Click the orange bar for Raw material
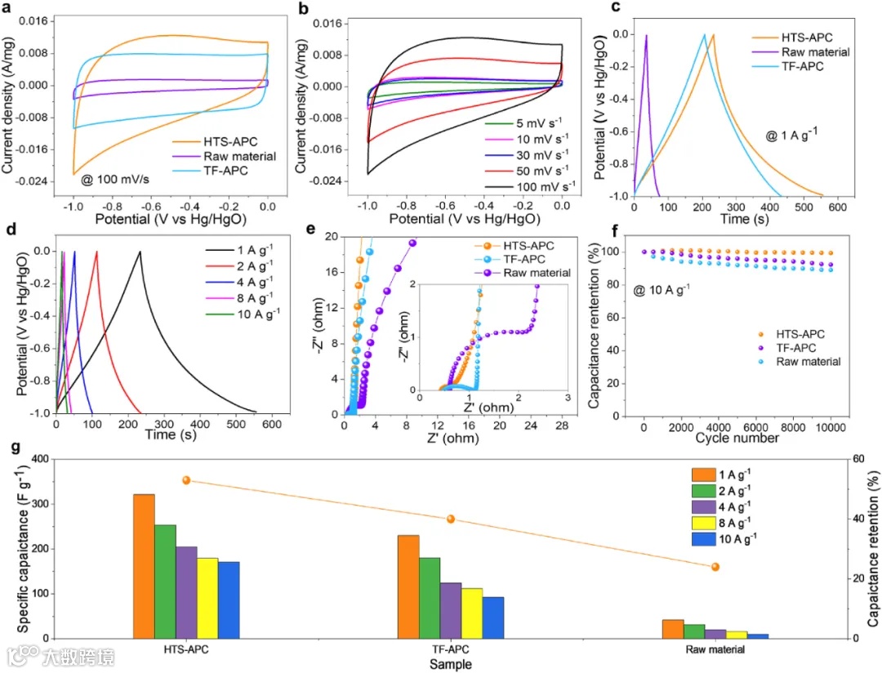tap(672, 628)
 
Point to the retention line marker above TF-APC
tap(450, 519)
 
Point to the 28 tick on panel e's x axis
tap(561, 427)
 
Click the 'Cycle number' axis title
tap(736, 439)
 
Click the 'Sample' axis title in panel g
tap(450, 664)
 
